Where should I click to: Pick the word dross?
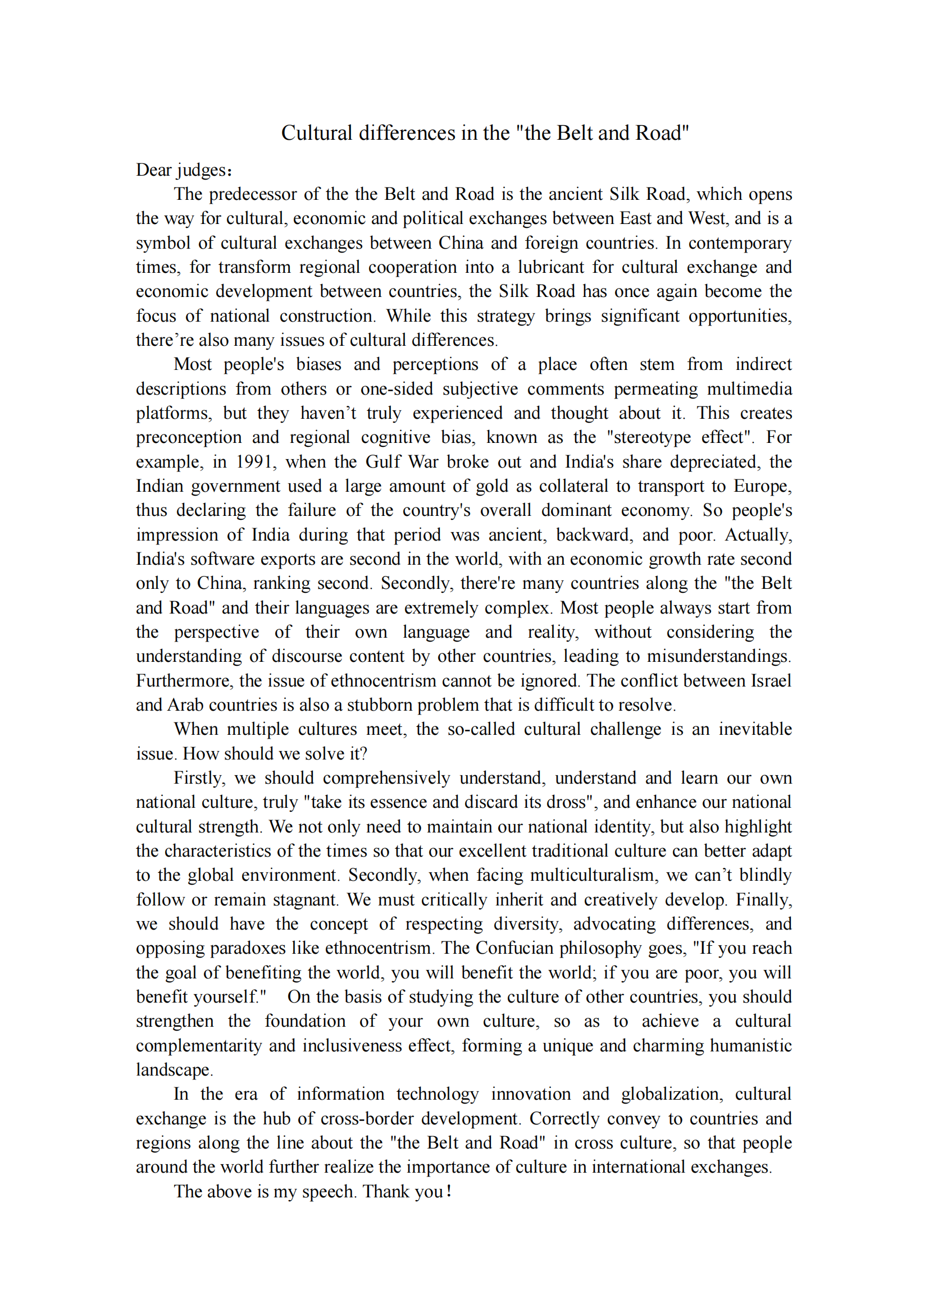[567, 802]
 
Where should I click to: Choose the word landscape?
[173, 1070]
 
